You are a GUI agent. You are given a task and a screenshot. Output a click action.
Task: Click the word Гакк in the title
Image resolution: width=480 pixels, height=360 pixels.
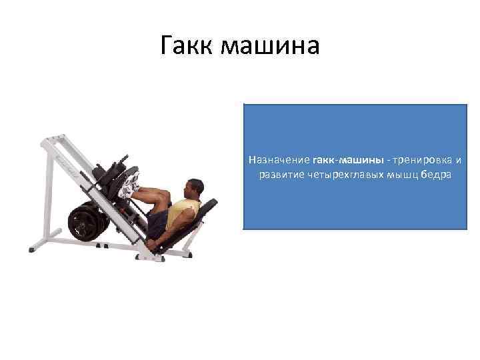(x=187, y=45)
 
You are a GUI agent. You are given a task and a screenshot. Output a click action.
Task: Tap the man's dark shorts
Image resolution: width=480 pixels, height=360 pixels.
(x=159, y=223)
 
